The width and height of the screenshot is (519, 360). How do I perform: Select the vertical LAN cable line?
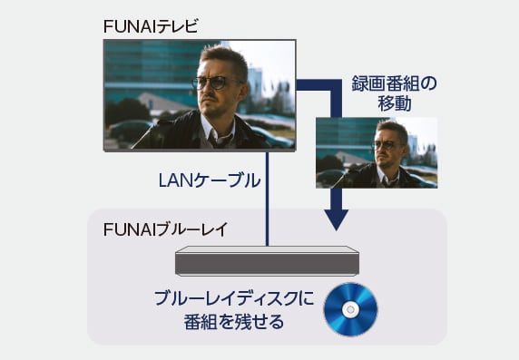click(x=268, y=199)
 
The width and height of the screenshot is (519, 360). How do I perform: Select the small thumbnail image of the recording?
click(x=376, y=152)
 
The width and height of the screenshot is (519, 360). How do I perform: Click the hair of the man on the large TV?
click(x=223, y=57)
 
